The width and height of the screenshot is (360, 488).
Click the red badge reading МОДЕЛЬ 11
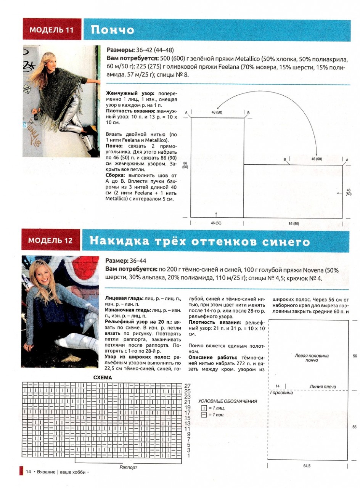click(52, 30)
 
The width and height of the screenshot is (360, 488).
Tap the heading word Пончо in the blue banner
click(112, 30)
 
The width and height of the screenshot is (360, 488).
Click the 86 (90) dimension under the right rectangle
click(293, 223)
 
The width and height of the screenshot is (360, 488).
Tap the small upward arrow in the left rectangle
click(216, 214)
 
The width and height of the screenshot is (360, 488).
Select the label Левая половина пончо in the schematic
click(312, 358)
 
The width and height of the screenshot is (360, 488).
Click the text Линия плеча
click(322, 387)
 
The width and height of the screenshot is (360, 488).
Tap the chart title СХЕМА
click(103, 377)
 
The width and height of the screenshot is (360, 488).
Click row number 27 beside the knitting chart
click(187, 386)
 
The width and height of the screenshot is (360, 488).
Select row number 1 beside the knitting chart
click(188, 455)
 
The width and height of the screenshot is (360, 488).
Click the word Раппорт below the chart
click(128, 467)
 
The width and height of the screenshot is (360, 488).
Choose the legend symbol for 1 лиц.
click(203, 408)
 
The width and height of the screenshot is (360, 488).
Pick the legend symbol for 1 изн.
click(203, 414)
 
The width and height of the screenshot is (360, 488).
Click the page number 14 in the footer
click(28, 472)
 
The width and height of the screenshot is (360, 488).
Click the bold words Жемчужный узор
click(125, 93)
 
